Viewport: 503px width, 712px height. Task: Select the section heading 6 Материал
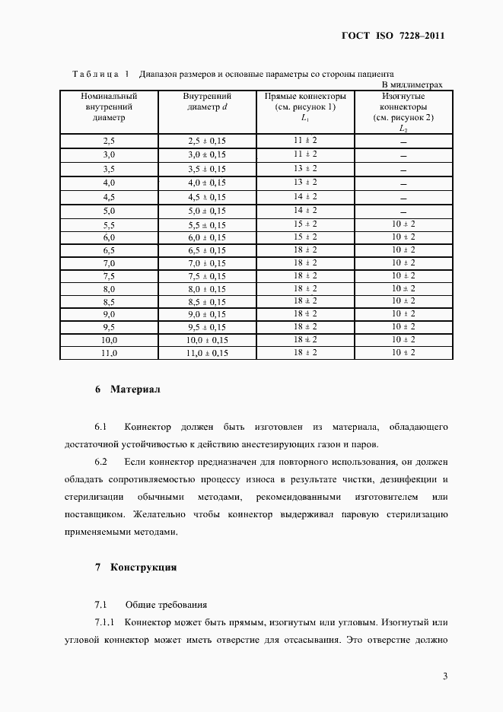(128, 389)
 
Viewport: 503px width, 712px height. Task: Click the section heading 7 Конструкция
(136, 567)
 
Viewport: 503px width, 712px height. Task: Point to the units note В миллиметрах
(412, 84)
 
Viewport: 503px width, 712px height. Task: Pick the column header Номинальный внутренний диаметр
(108, 107)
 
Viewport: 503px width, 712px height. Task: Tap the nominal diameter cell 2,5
(108, 141)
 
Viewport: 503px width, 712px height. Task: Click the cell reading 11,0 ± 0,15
(207, 353)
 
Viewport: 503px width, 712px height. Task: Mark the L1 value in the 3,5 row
(305, 168)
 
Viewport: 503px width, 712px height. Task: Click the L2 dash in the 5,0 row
(403, 211)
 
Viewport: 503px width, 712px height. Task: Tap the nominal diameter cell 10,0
(108, 339)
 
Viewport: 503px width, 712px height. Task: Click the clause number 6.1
(101, 427)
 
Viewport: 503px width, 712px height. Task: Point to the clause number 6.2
(101, 462)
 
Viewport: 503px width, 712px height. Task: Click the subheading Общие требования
(166, 605)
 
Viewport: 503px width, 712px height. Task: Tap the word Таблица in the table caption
(95, 75)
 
